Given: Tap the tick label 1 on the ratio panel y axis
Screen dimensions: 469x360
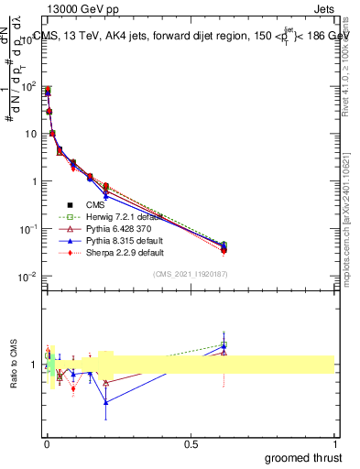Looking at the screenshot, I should pos(32,365).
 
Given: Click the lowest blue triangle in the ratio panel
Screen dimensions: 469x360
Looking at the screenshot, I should pos(106,402).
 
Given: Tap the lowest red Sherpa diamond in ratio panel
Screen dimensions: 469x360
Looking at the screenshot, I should pos(73,388).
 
